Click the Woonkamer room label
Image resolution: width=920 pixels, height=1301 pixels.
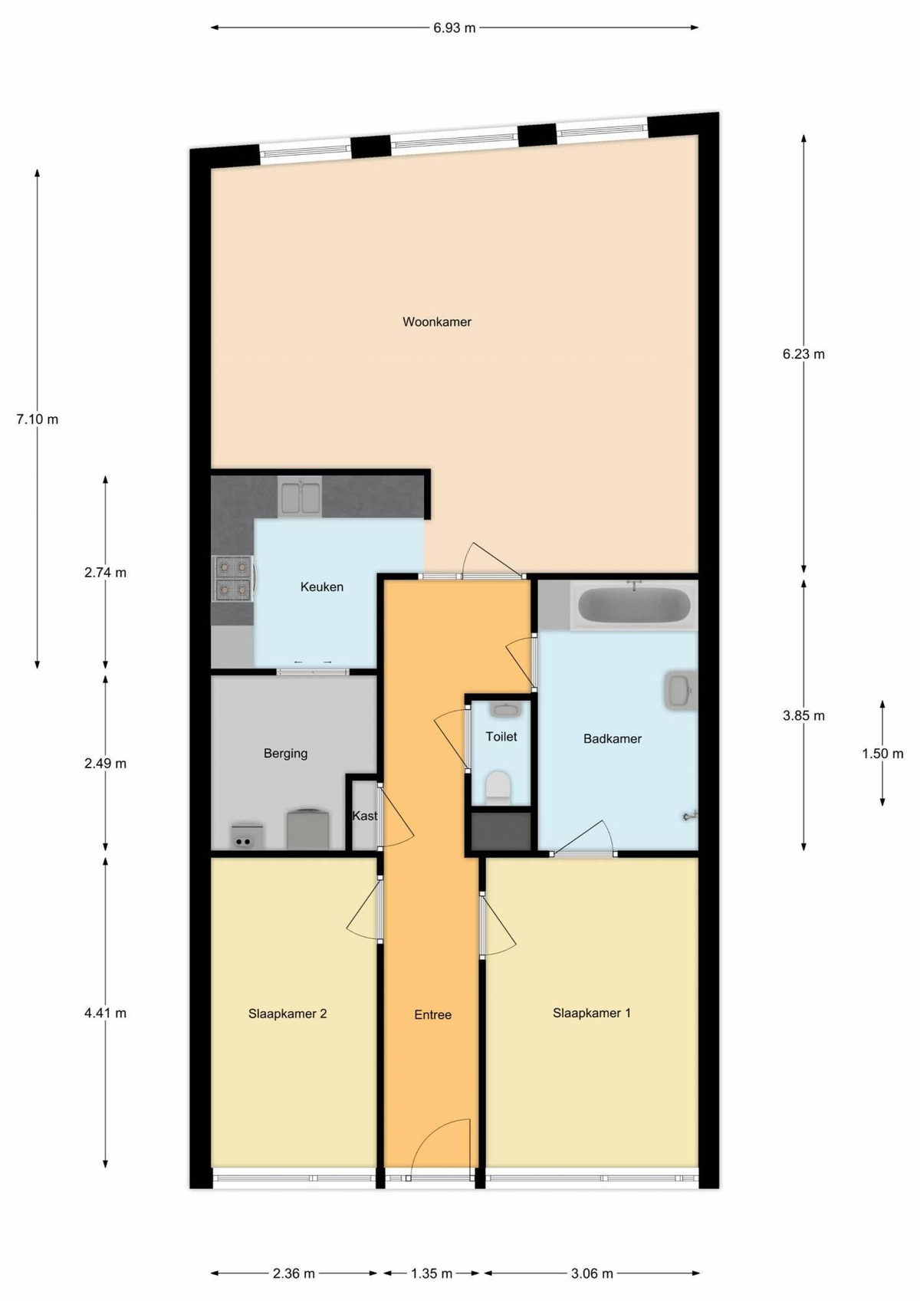point(437,322)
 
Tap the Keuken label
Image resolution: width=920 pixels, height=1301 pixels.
point(321,587)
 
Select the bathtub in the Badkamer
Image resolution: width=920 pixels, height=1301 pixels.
point(633,605)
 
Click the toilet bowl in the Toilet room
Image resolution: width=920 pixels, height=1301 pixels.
point(498,787)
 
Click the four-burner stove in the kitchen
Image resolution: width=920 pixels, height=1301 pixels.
point(233,578)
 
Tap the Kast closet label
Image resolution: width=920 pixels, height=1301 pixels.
point(364,816)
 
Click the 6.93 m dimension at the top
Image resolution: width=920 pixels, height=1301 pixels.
point(454,28)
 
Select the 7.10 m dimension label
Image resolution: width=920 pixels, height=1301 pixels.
point(37,419)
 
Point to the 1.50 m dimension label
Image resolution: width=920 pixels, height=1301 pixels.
point(882,754)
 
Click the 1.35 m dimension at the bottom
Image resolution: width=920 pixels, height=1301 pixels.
point(432,1273)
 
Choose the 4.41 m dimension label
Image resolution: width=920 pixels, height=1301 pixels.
point(105,1013)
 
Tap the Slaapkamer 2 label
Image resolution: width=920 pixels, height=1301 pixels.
point(287,1014)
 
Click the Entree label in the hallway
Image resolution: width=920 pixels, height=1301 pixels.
point(432,1014)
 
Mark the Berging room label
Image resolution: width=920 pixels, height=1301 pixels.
point(285,754)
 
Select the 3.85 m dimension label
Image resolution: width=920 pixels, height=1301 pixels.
point(803,716)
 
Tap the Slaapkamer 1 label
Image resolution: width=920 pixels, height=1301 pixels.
point(592,1013)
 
